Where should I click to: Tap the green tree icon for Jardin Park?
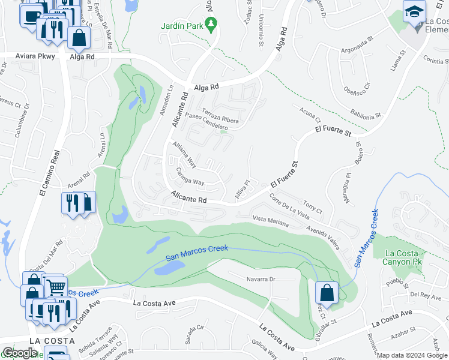pyautogui.click(x=211, y=25)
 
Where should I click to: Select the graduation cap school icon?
pyautogui.click(x=414, y=13)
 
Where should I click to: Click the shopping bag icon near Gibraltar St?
pyautogui.click(x=326, y=292)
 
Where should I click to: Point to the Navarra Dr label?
pyautogui.click(x=261, y=279)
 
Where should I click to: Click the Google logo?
pyautogui.click(x=20, y=353)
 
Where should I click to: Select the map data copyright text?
pyautogui.click(x=412, y=355)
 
